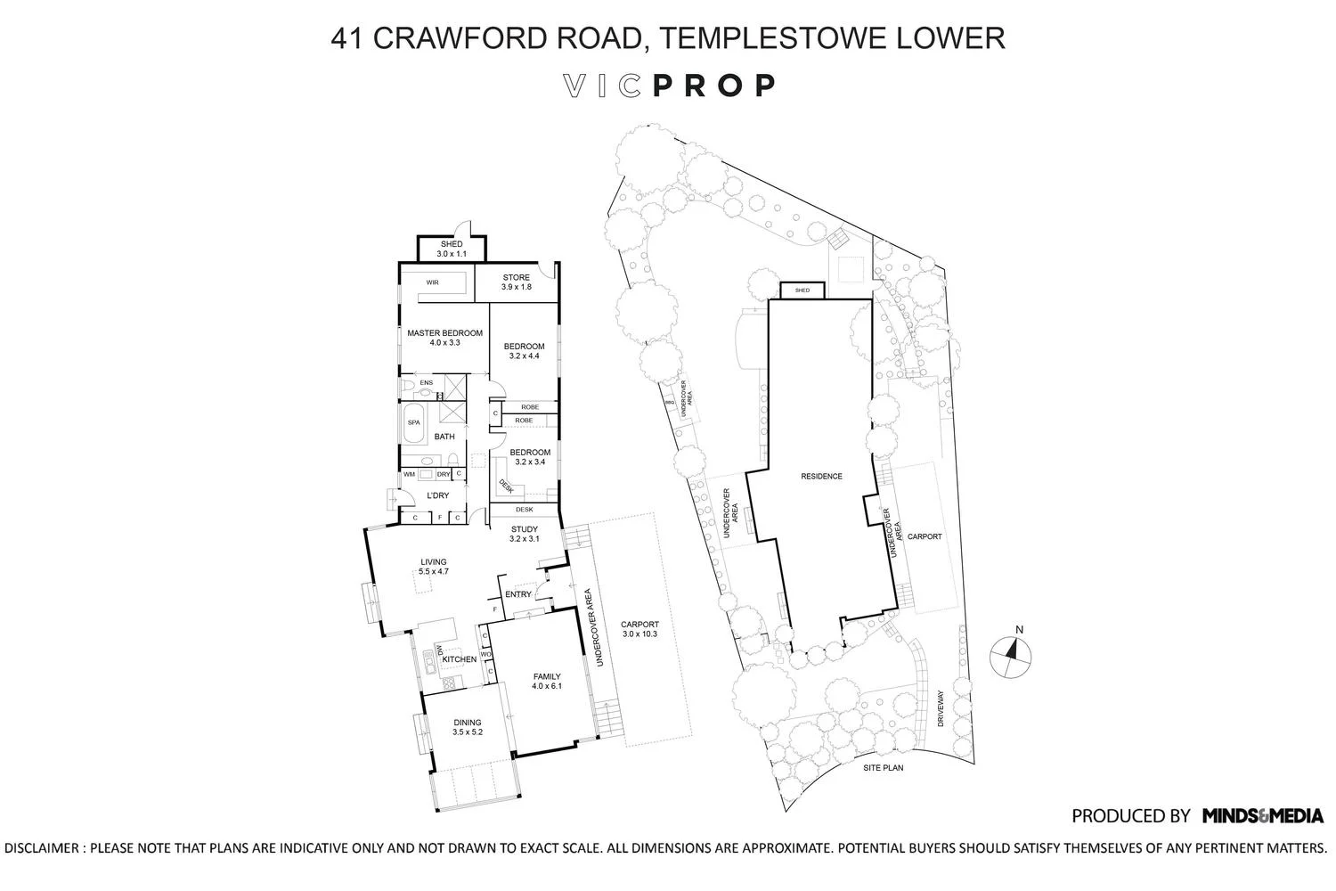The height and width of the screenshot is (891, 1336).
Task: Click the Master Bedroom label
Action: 445,338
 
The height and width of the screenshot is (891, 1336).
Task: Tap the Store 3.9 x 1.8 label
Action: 516,282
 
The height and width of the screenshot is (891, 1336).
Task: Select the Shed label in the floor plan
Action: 452,249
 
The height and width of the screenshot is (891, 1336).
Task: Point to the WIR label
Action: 432,282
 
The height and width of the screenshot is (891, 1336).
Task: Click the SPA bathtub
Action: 413,422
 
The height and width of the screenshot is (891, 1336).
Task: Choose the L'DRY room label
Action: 438,495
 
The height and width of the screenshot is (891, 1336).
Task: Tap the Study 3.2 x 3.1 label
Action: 525,534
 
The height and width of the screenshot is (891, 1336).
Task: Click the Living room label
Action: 434,567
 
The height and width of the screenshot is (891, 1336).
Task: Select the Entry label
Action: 517,594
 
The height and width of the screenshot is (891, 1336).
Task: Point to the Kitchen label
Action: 460,658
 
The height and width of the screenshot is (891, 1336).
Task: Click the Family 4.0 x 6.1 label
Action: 547,681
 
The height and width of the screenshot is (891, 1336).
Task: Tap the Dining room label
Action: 467,727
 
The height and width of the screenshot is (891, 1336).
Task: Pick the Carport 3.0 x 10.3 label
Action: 640,629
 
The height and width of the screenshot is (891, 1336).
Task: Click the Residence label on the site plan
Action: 821,476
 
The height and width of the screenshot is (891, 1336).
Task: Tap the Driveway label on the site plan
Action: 941,708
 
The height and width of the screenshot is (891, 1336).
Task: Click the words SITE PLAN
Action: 884,767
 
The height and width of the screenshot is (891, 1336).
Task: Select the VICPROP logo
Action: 669,86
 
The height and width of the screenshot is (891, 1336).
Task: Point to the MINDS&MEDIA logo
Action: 1263,816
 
